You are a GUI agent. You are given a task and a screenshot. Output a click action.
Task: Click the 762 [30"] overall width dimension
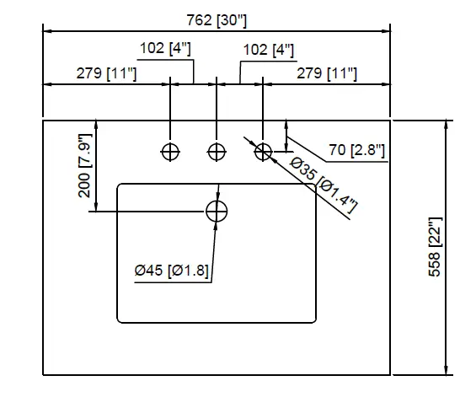click(x=217, y=19)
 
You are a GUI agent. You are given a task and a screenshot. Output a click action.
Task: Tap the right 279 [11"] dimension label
click(x=327, y=74)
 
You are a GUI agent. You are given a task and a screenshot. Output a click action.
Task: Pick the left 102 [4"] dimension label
click(x=164, y=49)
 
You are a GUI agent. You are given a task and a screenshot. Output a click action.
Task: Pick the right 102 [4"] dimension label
click(x=268, y=51)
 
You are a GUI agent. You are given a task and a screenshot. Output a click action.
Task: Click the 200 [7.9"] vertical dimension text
click(x=85, y=164)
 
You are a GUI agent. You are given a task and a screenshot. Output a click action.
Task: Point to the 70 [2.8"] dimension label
click(x=356, y=151)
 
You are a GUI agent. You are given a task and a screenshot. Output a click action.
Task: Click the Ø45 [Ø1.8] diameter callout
click(x=172, y=271)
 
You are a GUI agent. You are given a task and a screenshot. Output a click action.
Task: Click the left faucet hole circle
click(x=171, y=152)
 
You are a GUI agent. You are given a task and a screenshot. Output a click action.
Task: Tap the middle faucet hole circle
click(x=217, y=152)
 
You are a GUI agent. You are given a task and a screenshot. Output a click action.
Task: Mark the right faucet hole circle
click(x=264, y=152)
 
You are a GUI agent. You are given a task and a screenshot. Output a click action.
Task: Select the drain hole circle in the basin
click(x=217, y=211)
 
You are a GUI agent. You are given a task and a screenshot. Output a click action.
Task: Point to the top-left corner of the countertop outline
click(x=44, y=121)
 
